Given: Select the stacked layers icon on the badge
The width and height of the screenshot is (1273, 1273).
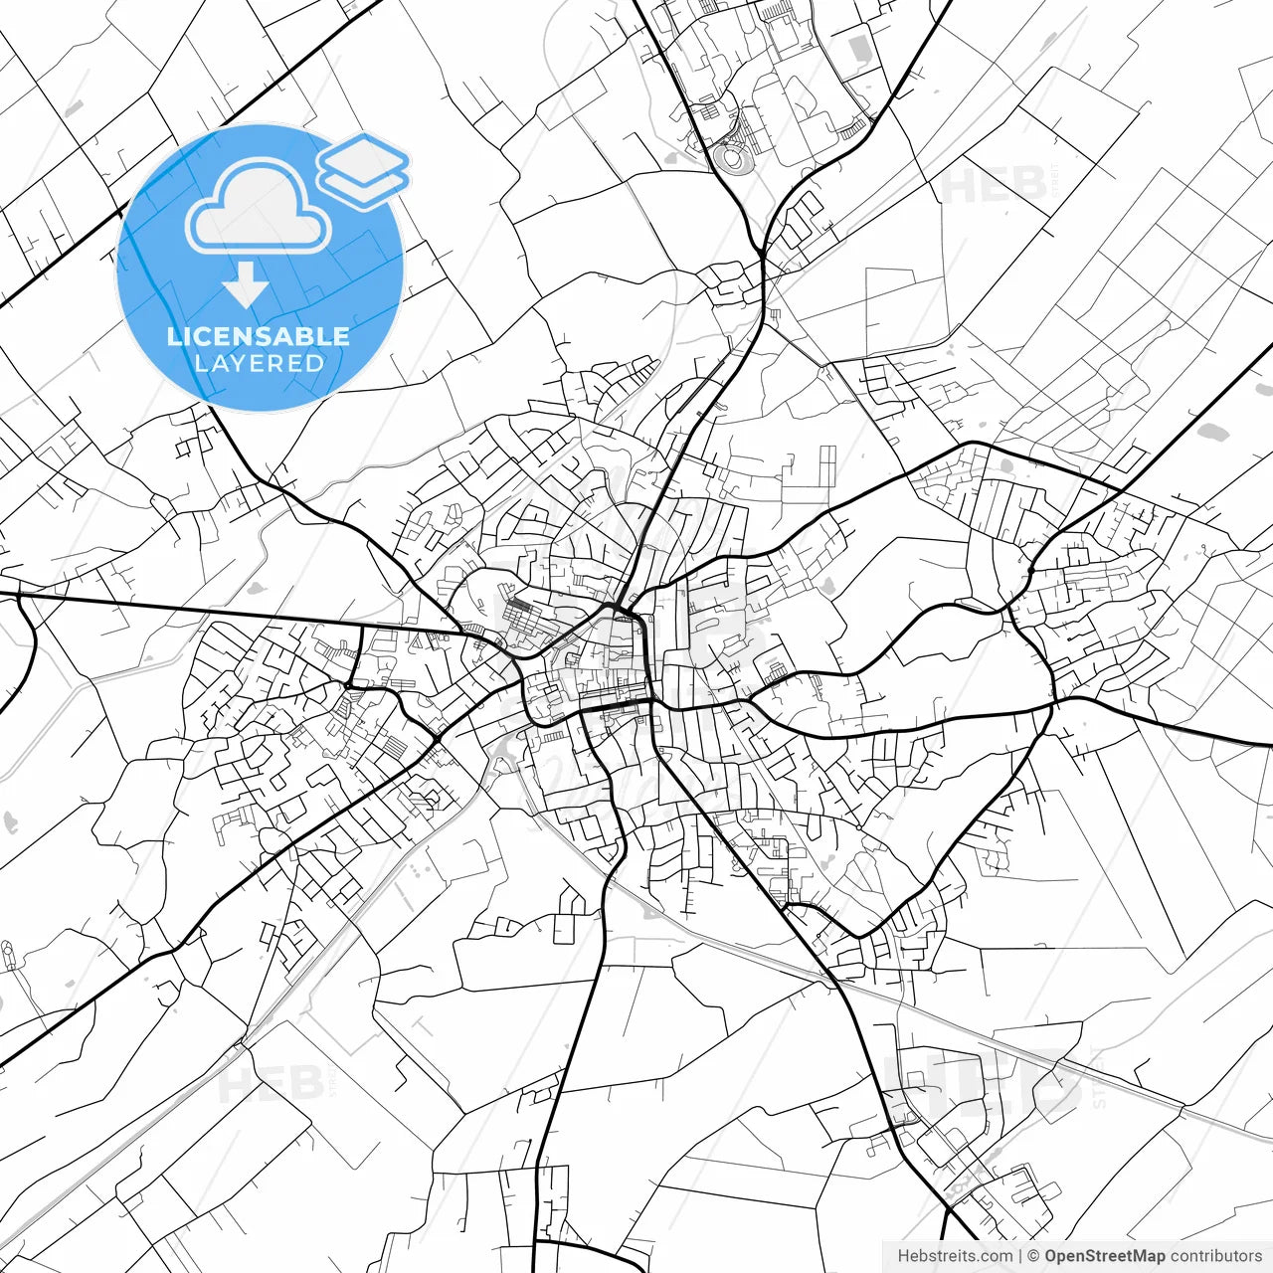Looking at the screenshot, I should click(x=364, y=170).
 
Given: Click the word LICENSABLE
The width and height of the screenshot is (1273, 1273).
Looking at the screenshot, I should click(x=259, y=336).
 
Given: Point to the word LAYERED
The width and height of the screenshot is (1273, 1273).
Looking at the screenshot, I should click(x=259, y=364).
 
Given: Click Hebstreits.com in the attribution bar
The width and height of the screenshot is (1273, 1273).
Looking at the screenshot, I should click(x=955, y=1256).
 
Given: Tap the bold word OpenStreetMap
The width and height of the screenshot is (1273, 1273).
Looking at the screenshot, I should click(x=1104, y=1256).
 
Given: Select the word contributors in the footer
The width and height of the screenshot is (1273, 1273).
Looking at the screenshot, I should click(x=1215, y=1256).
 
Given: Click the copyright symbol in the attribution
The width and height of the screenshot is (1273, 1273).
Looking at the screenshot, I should click(x=1033, y=1256).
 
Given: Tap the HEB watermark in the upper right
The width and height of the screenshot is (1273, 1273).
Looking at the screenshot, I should click(x=995, y=185).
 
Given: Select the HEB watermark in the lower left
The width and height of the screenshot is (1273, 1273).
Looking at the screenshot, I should click(x=271, y=1084).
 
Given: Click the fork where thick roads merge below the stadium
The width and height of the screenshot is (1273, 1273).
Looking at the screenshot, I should click(x=762, y=255).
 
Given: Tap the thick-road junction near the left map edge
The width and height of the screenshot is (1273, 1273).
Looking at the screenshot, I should click(x=20, y=596).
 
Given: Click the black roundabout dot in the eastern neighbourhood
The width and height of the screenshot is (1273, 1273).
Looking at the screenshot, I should click(x=859, y=826).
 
